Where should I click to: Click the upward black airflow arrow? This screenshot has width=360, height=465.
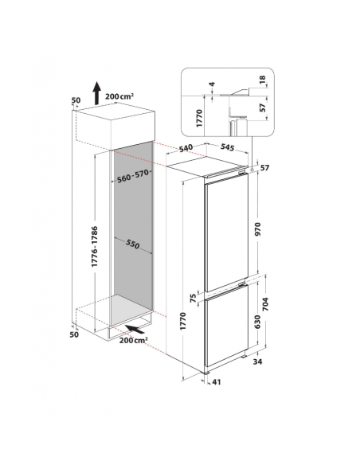[96, 93]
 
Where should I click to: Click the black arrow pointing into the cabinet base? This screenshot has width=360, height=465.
[137, 329]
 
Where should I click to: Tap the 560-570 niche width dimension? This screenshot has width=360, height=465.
[132, 176]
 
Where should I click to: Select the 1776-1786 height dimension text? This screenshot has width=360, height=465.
[95, 246]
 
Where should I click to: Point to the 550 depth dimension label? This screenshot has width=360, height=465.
[132, 244]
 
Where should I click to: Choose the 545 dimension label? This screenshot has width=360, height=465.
[228, 147]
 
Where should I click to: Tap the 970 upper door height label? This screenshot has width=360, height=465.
[257, 229]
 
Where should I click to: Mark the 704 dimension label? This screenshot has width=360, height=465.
[265, 303]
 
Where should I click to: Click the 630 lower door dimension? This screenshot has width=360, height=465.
[257, 322]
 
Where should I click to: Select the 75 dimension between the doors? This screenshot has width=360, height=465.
[193, 297]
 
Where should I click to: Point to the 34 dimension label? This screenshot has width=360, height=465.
[258, 361]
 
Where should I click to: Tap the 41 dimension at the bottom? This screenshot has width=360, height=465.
[217, 382]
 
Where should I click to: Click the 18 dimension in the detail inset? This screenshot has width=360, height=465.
[263, 80]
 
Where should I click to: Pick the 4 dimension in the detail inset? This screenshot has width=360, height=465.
[212, 84]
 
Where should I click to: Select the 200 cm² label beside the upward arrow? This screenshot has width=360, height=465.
[119, 96]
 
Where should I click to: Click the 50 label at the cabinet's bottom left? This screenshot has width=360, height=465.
[74, 334]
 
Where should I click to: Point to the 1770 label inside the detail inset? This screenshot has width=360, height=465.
[199, 118]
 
